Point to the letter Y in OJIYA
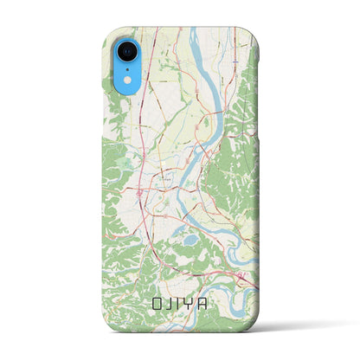pos(196,305)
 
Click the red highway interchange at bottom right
pos(242,274)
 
